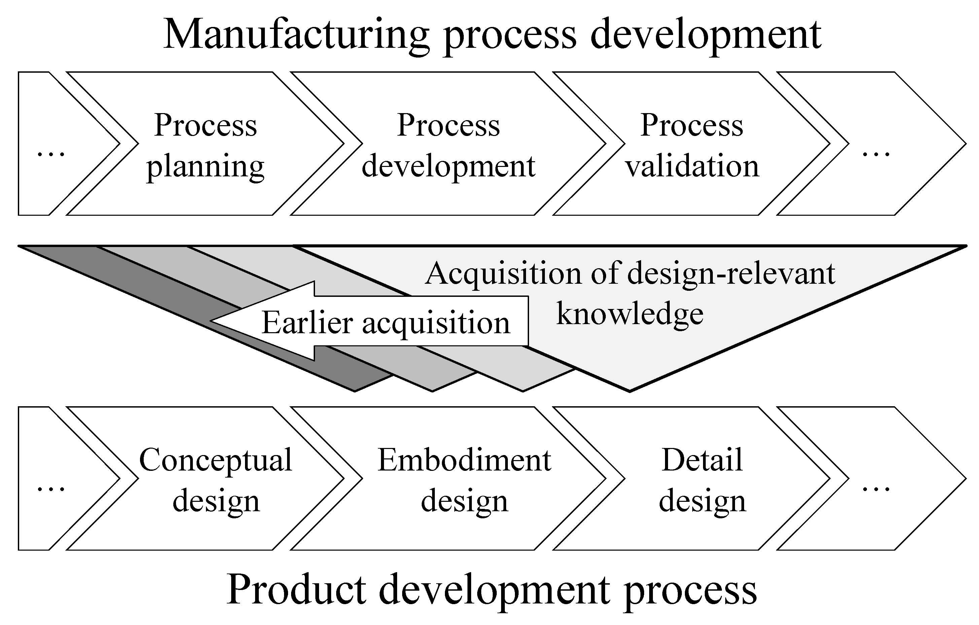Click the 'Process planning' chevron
205,144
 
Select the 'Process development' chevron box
448,144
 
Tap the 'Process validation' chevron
692,144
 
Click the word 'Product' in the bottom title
296,590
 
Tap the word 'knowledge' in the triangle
630,314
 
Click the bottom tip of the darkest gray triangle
355,389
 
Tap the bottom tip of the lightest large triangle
629,389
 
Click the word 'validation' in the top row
692,166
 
